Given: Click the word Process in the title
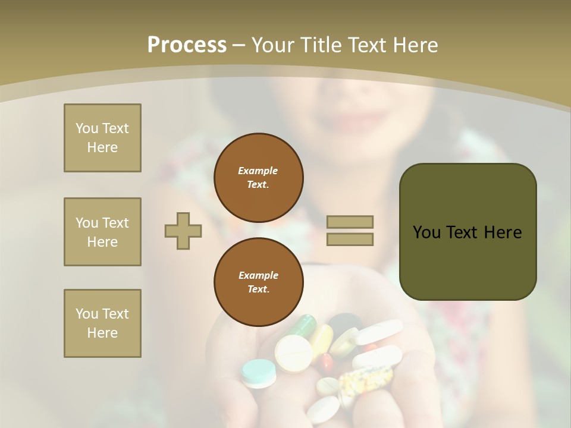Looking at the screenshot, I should [187, 45].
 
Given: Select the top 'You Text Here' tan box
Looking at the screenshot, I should [102, 138].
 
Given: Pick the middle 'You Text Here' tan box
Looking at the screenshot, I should [102, 232].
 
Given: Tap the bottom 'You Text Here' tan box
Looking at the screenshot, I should [102, 323].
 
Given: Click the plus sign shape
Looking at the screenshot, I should [183, 231].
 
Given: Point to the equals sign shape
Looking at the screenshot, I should [350, 231].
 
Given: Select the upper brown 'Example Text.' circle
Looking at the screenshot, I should [258, 177].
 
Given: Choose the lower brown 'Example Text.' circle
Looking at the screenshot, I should [258, 282].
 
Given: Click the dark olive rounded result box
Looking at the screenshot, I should [468, 232].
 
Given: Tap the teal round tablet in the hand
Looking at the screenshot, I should [259, 372].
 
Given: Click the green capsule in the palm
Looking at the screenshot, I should [302, 326].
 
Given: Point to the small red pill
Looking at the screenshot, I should [327, 362].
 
